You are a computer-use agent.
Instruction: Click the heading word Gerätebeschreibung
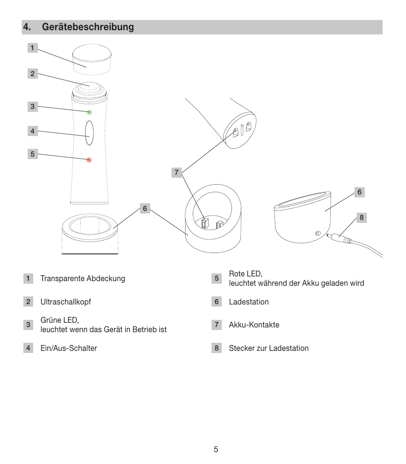[x=88, y=27]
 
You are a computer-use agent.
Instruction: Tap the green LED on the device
[x=89, y=112]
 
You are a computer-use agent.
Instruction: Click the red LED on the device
[x=89, y=160]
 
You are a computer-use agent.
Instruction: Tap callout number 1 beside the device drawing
[x=32, y=48]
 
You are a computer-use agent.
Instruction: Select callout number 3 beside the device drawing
[x=32, y=107]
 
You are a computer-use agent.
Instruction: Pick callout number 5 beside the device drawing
[x=32, y=154]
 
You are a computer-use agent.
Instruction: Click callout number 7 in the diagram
[x=177, y=173]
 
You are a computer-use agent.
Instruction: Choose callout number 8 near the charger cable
[x=361, y=218]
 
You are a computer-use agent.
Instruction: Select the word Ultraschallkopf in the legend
[x=66, y=302]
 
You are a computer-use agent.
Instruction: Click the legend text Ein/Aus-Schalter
[x=69, y=348]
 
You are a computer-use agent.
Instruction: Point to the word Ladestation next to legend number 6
[x=249, y=302]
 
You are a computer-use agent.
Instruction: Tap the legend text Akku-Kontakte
[x=254, y=325]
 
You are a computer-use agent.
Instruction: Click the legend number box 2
[x=28, y=302]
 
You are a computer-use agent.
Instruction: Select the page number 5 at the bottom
[x=216, y=450]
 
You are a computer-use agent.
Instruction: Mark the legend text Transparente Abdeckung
[x=83, y=279]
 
